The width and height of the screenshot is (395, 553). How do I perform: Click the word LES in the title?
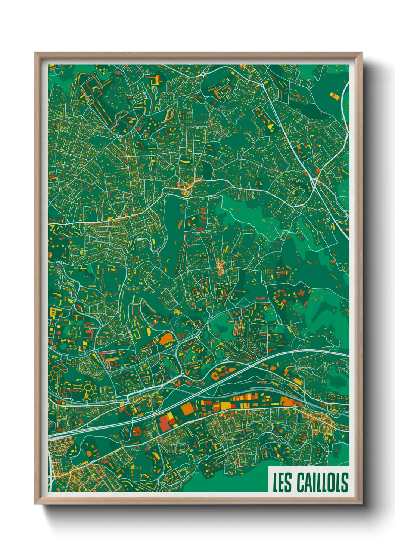point(282,482)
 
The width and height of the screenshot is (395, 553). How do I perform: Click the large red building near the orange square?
point(165,423)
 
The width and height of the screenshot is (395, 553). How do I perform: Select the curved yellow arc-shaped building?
point(185,161)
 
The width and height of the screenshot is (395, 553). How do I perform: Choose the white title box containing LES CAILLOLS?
point(309,479)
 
